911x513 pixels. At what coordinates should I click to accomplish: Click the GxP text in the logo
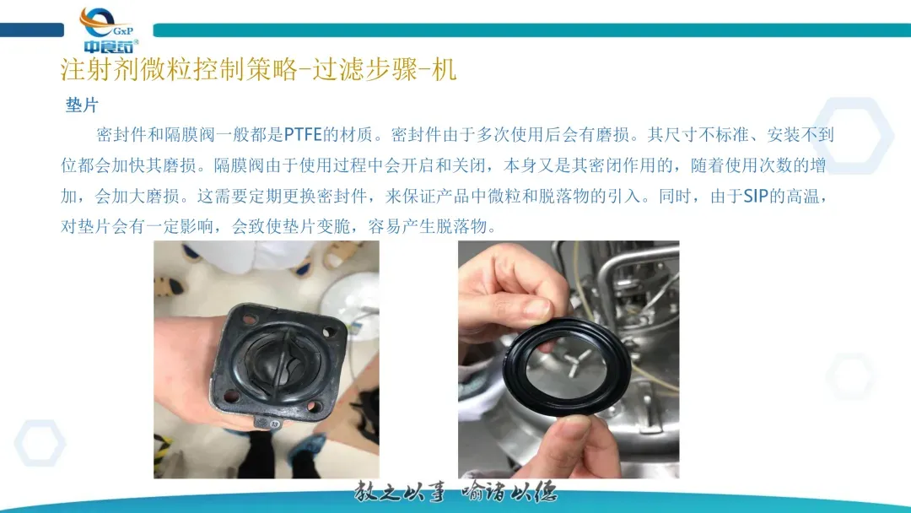tap(123, 30)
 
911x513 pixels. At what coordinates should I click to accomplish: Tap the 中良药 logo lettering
tap(109, 46)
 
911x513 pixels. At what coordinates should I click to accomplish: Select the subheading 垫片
tap(82, 105)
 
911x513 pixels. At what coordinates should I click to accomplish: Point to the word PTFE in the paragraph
tap(303, 135)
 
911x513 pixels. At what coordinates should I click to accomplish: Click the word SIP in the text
tap(756, 197)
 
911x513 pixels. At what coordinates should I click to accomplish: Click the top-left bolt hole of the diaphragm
tap(250, 319)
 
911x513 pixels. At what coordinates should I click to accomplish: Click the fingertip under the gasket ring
tap(575, 430)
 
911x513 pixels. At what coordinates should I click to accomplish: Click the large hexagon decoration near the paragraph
tap(853, 135)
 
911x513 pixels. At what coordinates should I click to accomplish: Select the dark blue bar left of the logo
tap(32, 30)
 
